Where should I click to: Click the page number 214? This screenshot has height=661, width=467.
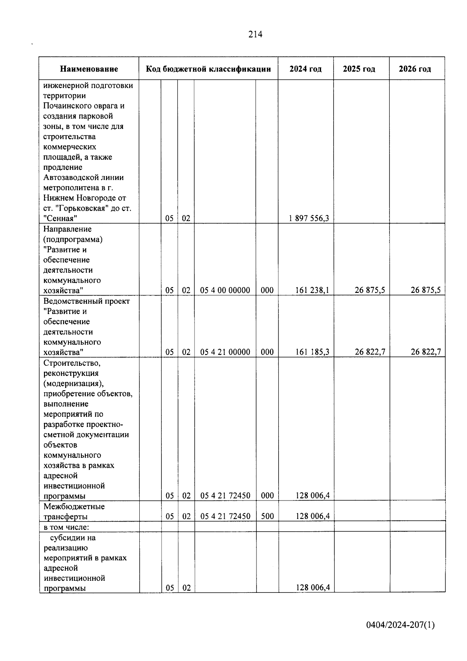255,35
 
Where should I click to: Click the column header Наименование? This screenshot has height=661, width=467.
89,69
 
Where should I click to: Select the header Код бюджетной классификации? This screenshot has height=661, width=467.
208,69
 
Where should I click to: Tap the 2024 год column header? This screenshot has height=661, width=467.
305,69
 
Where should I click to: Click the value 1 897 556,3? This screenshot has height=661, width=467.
309,219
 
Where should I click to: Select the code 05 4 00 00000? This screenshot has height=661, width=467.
225,290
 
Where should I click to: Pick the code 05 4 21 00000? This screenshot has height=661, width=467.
225,352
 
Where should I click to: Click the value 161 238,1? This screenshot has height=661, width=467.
312,290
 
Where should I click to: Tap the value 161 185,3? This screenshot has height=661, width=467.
312,352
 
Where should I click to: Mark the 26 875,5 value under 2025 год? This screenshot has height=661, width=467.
370,290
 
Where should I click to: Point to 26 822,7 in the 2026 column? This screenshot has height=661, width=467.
426,352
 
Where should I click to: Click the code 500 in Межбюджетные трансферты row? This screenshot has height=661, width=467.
267,516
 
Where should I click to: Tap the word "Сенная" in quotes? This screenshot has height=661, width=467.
60,219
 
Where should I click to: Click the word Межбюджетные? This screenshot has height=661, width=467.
74,507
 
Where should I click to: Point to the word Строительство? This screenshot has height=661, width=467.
72,363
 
